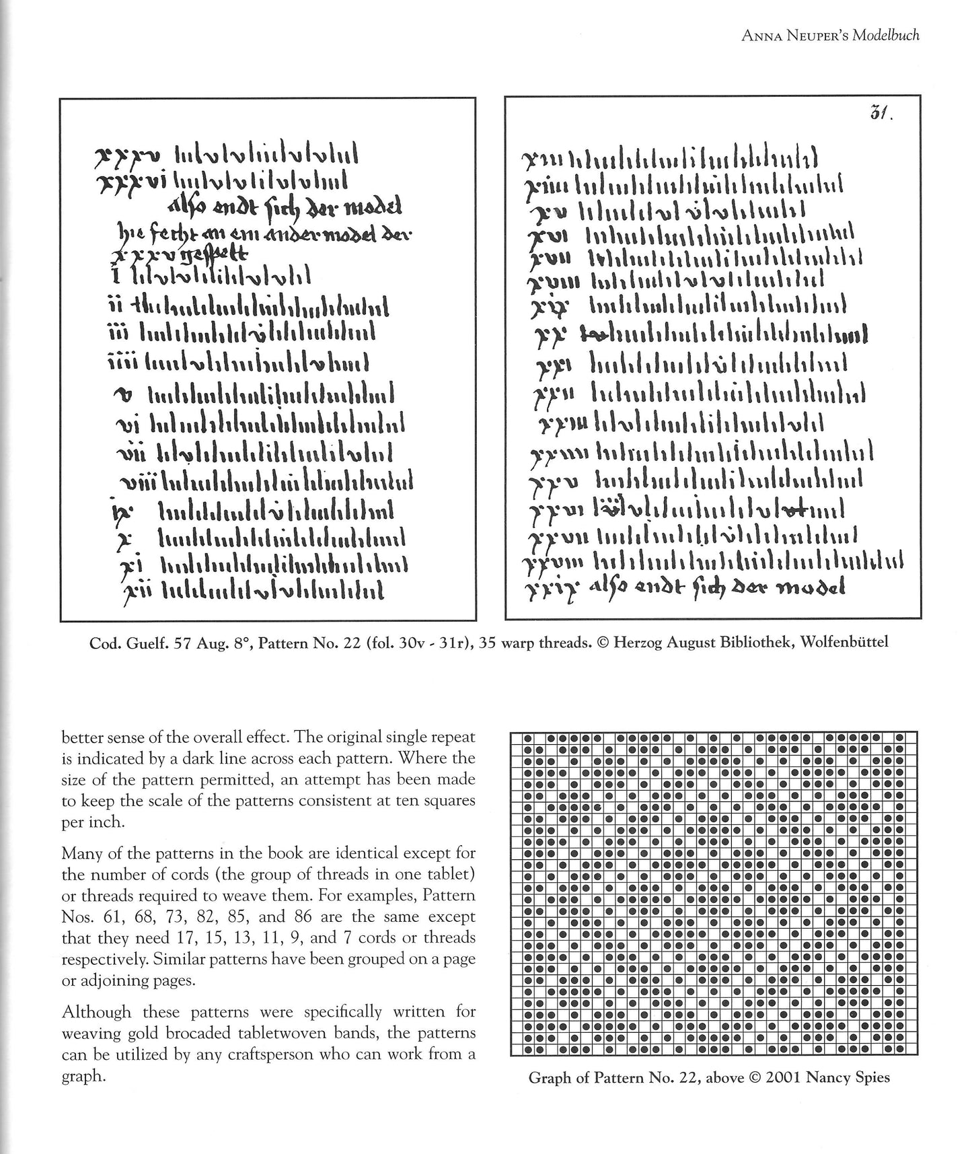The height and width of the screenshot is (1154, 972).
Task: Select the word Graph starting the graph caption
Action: (x=546, y=1078)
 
